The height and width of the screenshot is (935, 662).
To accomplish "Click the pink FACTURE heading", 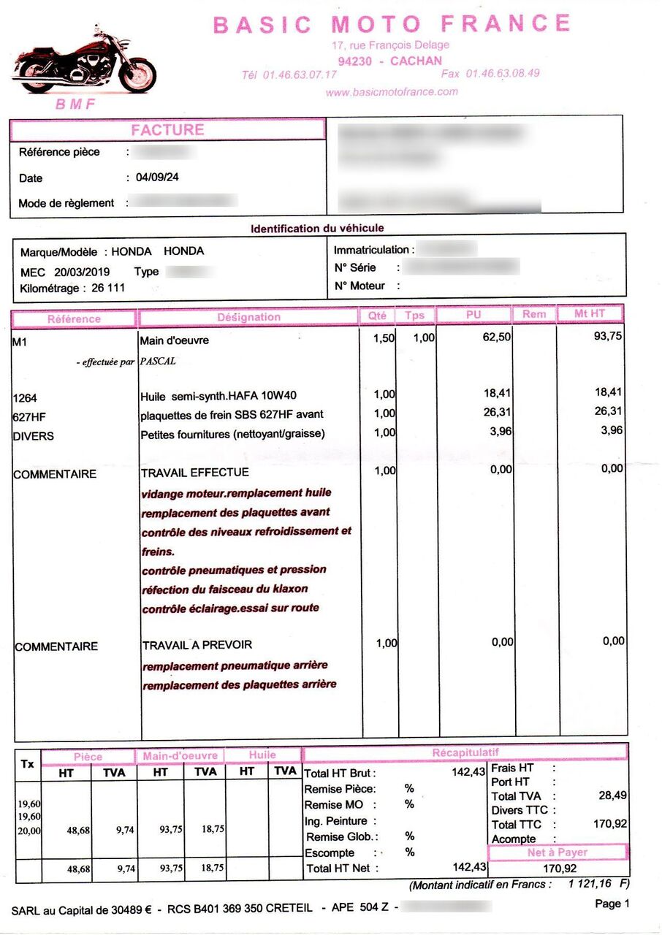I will (x=167, y=130).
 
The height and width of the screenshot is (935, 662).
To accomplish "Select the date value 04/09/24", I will (x=157, y=178).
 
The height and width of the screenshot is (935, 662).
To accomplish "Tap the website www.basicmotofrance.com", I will (x=392, y=92).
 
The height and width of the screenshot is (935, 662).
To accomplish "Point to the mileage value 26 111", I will (x=108, y=288).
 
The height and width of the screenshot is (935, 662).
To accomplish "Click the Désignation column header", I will (x=248, y=317).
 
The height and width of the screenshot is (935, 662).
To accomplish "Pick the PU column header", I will (x=473, y=315).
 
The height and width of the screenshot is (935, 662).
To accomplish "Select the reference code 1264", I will (x=25, y=398).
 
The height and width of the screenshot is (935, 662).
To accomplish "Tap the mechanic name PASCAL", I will (x=158, y=361).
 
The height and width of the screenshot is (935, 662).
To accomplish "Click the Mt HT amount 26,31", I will (x=609, y=411).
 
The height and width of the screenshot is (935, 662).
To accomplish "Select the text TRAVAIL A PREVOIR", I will (x=197, y=645).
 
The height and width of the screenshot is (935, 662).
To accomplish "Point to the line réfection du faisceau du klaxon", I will (x=225, y=589).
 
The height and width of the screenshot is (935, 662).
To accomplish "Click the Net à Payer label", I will (x=557, y=852).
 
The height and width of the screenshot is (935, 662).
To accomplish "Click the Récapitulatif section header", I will (x=465, y=752).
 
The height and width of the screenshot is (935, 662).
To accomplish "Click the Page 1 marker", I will (x=612, y=904).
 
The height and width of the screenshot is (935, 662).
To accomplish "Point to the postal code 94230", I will (x=355, y=61).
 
